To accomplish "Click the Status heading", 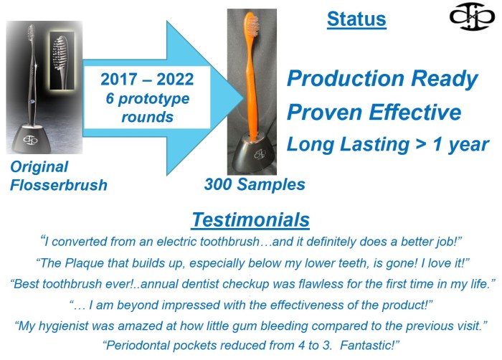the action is point(356,19).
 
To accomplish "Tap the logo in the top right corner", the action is point(472,16).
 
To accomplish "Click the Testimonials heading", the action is point(251,219).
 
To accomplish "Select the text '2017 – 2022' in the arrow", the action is point(147,79).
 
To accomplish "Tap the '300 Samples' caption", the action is point(255,184).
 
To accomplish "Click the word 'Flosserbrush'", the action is point(59,185).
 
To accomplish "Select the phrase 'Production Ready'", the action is point(382,78).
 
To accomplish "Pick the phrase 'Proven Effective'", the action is point(374,112).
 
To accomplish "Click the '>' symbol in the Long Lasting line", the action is point(421,145).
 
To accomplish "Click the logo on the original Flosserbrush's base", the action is point(30,140).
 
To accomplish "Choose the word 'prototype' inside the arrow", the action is point(153,99).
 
